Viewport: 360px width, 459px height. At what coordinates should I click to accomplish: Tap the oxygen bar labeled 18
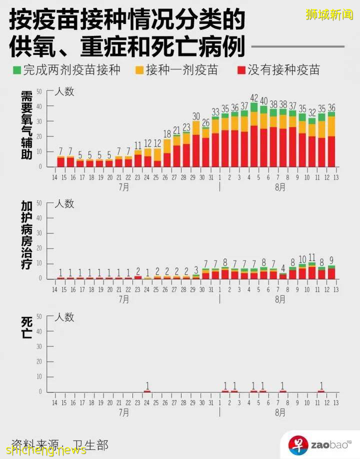[x=167, y=153]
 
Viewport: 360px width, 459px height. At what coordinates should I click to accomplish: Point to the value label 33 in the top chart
[x=215, y=111]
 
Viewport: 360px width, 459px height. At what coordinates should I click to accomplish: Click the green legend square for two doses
[x=17, y=70]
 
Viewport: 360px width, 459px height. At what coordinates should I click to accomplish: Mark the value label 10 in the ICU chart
[x=302, y=259]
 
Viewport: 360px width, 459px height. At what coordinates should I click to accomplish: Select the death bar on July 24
[x=147, y=391]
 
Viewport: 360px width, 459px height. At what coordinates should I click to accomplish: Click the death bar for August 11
[x=321, y=391]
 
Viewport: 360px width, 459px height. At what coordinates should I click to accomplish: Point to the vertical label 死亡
[x=27, y=326]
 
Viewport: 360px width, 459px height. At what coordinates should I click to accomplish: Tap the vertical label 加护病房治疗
[x=27, y=234]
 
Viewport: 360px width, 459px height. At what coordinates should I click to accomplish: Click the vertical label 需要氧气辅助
[x=27, y=125]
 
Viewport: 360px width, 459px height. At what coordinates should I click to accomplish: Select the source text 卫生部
[x=90, y=444]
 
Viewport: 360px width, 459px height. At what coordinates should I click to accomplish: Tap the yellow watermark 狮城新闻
[x=329, y=14]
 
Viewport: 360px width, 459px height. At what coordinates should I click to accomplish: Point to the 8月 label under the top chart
[x=280, y=187]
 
